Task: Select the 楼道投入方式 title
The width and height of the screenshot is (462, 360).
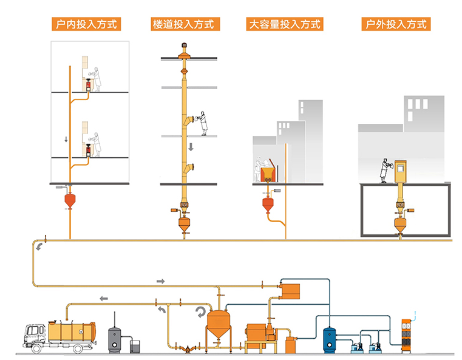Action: [185, 24]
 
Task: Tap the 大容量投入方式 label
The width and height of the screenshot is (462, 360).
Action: [284, 24]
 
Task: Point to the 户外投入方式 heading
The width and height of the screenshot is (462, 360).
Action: [395, 24]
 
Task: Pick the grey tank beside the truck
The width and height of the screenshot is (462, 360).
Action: [114, 339]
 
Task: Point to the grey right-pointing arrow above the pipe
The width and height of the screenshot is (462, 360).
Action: [161, 280]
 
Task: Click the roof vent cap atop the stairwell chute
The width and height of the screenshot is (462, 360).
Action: [185, 52]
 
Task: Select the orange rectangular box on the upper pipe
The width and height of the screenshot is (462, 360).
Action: [290, 290]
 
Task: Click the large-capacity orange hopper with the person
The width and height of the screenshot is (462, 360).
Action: [267, 174]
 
